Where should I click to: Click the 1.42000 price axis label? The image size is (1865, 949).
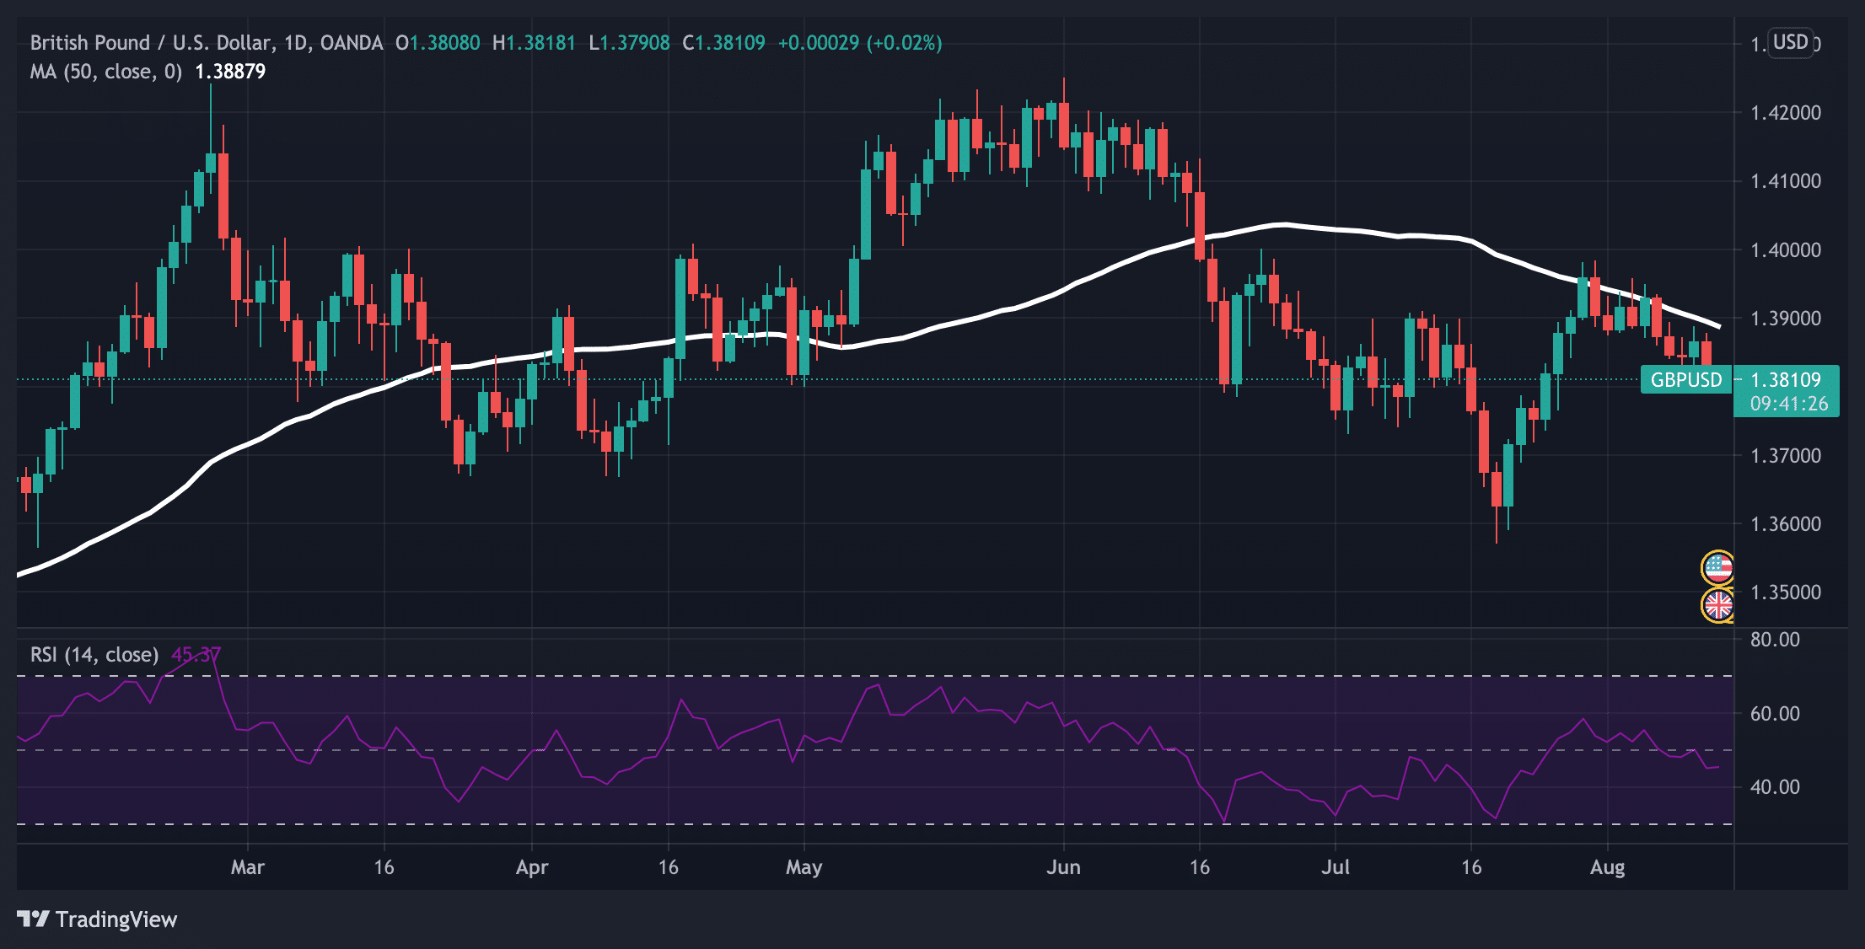(x=1785, y=113)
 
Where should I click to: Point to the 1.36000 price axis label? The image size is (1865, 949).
(x=1785, y=524)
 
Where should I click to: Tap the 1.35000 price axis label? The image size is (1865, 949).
(x=1785, y=592)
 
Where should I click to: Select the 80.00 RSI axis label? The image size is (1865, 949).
(x=1774, y=640)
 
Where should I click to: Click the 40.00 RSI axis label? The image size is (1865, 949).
(x=1774, y=787)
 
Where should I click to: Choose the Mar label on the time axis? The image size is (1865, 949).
(x=247, y=867)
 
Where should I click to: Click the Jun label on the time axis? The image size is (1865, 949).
(x=1063, y=867)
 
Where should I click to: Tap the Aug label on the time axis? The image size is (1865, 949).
(x=1607, y=867)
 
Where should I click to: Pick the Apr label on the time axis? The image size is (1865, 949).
(x=532, y=867)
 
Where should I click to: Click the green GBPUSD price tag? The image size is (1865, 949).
(x=1685, y=380)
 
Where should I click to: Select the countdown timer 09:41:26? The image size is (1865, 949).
(x=1788, y=405)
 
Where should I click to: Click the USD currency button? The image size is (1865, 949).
(x=1790, y=42)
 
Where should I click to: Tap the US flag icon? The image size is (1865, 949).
(x=1717, y=568)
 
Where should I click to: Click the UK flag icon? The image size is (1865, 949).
(x=1717, y=604)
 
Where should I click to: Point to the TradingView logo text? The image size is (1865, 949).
(x=98, y=920)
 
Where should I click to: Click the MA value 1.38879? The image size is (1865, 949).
(x=230, y=72)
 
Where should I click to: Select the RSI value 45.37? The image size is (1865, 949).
(x=196, y=655)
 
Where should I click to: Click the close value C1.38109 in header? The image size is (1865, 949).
(x=723, y=43)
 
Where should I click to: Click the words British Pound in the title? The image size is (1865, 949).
(x=89, y=43)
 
